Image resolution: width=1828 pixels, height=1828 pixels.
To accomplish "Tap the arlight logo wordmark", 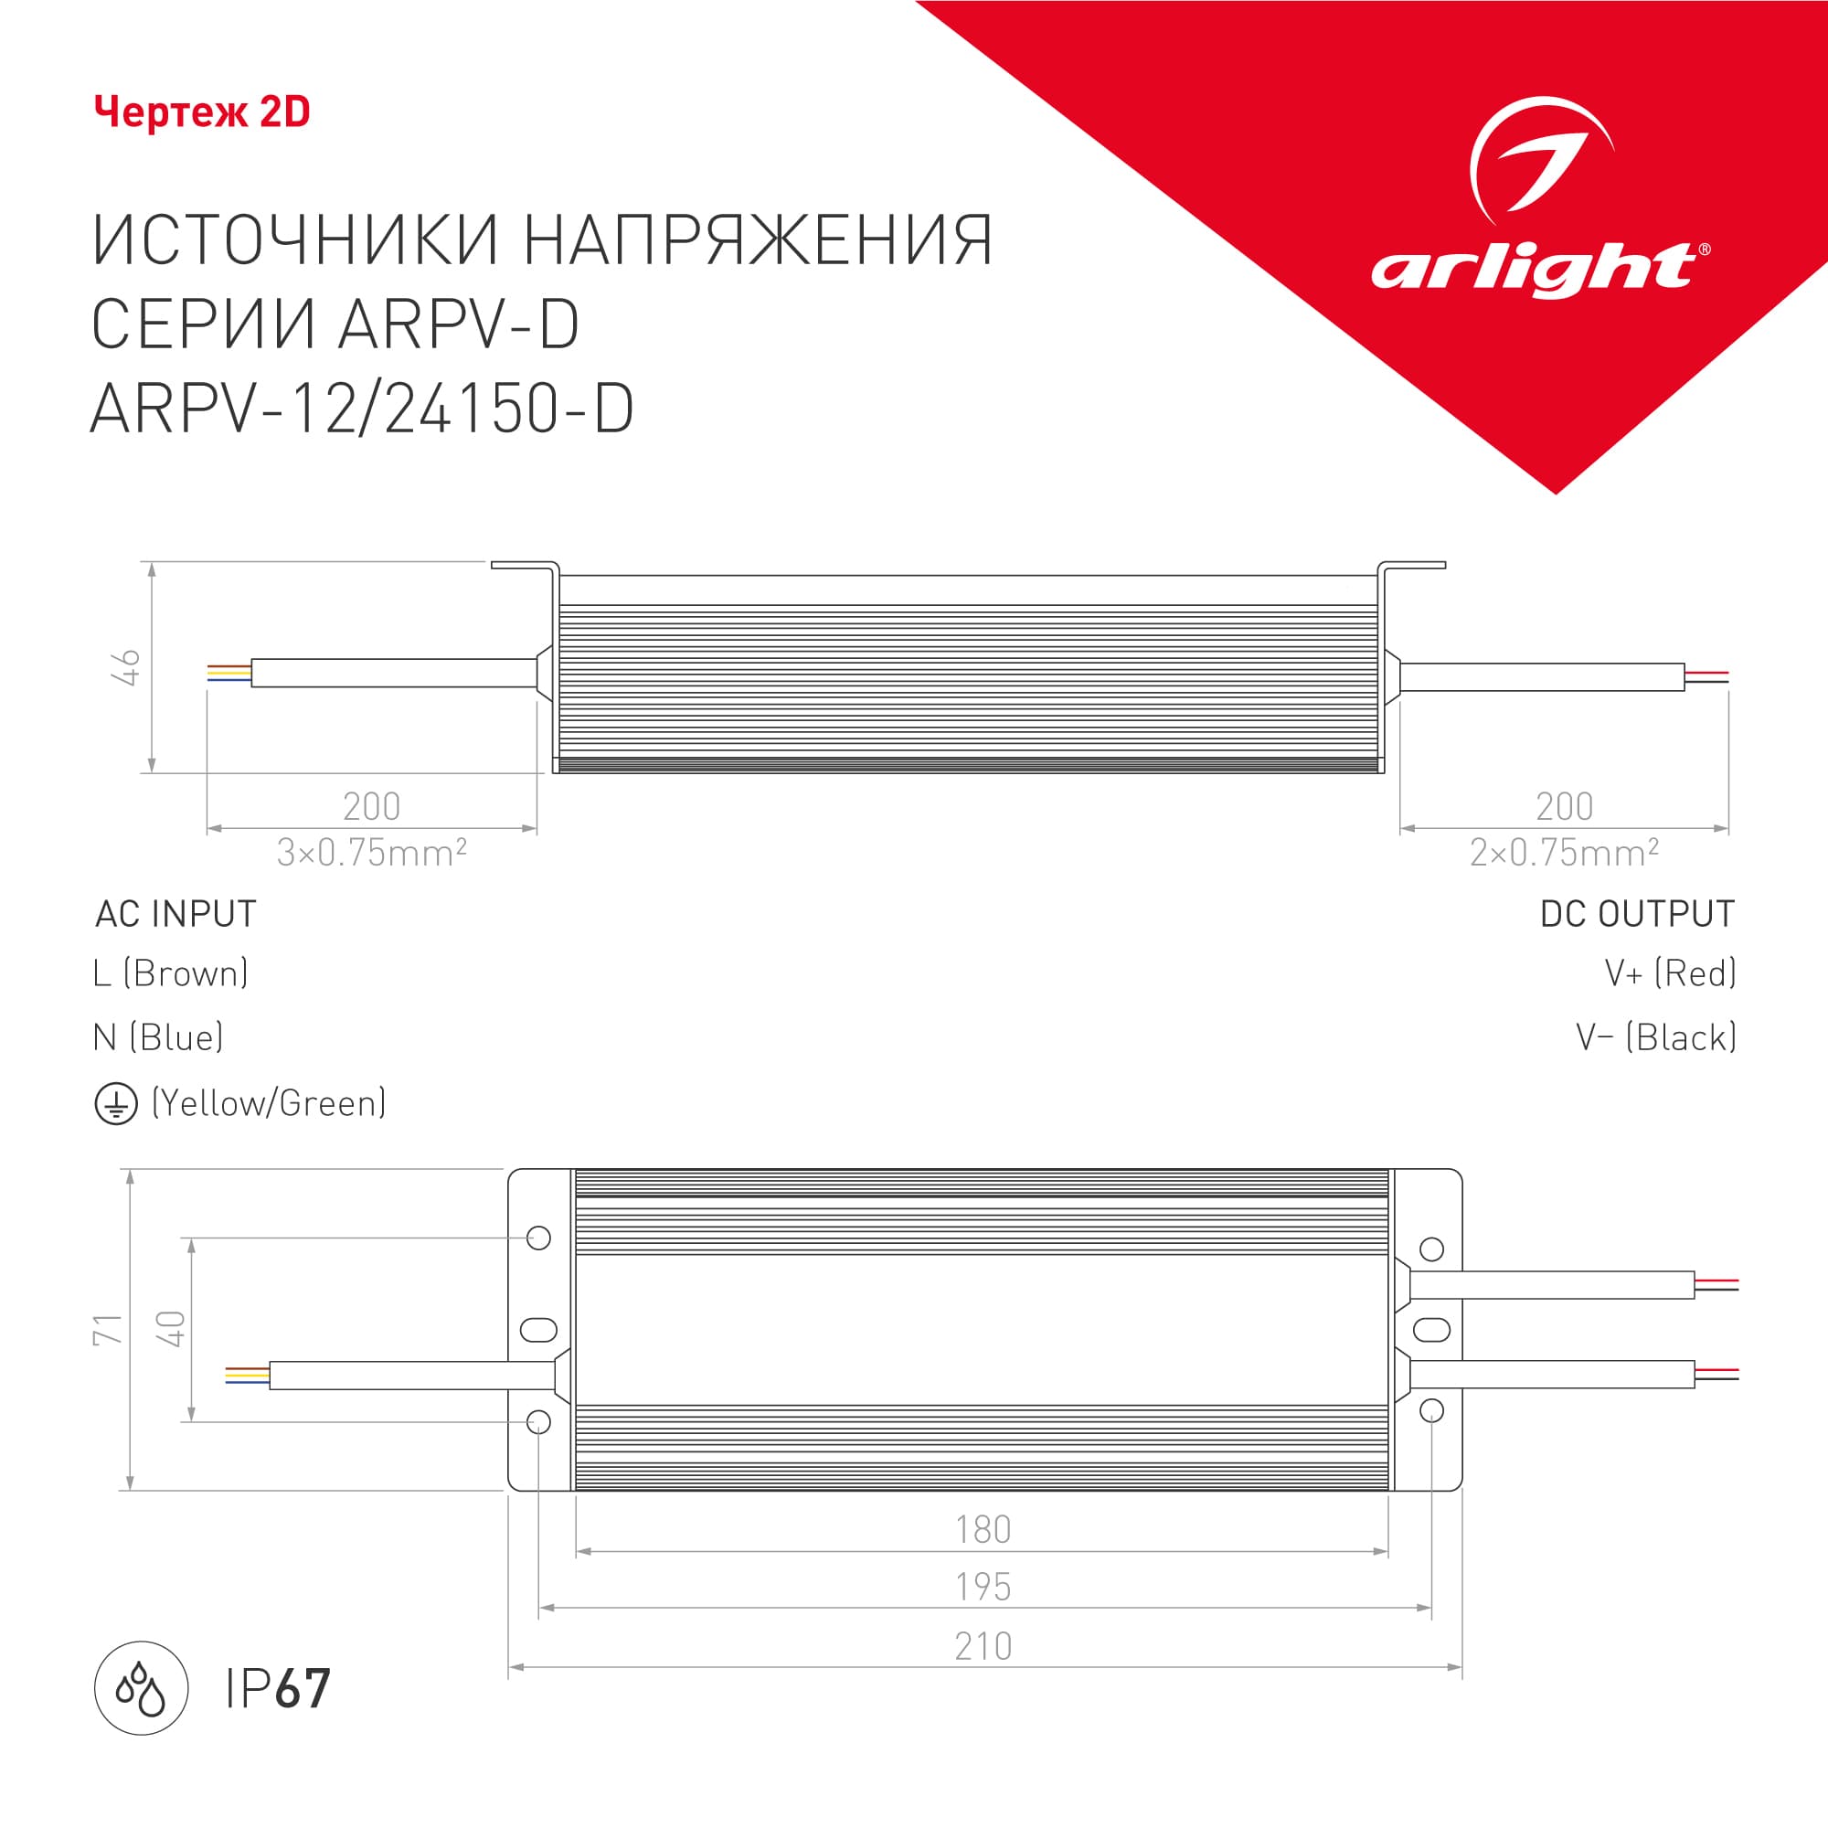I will tap(1534, 270).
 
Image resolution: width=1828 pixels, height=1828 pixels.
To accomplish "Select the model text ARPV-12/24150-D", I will tap(361, 409).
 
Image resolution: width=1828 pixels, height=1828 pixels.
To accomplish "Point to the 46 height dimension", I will tap(126, 667).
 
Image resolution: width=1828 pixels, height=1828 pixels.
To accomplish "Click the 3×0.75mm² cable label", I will tap(371, 853).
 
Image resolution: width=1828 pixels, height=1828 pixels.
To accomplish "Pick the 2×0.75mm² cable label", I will tap(1563, 853).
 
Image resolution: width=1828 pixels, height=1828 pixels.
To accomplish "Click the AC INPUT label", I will tap(176, 914).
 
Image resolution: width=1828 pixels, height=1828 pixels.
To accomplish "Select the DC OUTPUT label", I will tap(1637, 914).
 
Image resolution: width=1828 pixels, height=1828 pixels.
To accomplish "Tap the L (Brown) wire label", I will tap(171, 973).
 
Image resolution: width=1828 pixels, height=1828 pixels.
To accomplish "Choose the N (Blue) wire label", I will tap(159, 1038).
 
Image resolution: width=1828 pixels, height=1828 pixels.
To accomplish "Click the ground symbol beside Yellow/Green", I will tap(116, 1104).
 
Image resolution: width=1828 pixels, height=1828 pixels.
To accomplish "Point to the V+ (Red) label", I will tap(1670, 973).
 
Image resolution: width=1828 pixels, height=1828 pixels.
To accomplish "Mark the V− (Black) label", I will tap(1656, 1038).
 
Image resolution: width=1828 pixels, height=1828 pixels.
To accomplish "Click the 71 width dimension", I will tap(108, 1329).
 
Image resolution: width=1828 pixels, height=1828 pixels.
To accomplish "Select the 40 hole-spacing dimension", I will tap(170, 1328).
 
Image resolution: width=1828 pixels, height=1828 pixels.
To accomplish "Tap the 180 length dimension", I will tap(983, 1530).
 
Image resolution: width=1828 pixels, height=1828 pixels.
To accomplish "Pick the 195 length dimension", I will tap(983, 1587).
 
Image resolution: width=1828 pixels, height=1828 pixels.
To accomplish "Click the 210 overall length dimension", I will tap(983, 1646).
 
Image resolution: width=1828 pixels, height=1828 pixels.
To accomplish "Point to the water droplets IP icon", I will tap(141, 1688).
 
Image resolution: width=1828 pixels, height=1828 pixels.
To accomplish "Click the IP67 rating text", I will tap(278, 1689).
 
